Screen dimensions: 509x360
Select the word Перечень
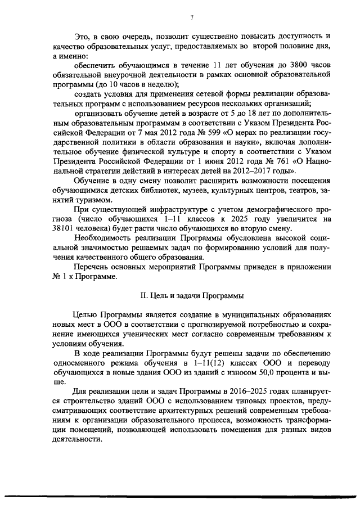[91, 267]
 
